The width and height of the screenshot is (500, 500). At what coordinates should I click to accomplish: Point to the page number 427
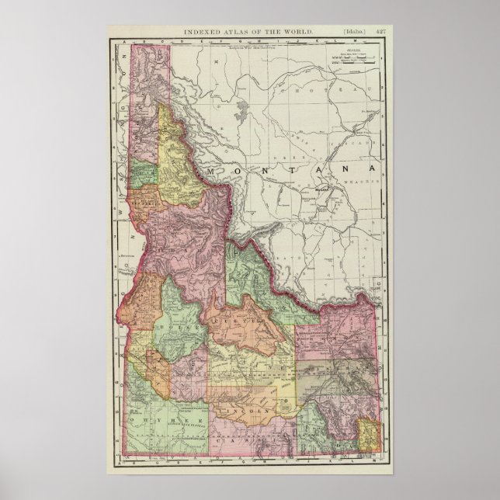pyautogui.click(x=379, y=31)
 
